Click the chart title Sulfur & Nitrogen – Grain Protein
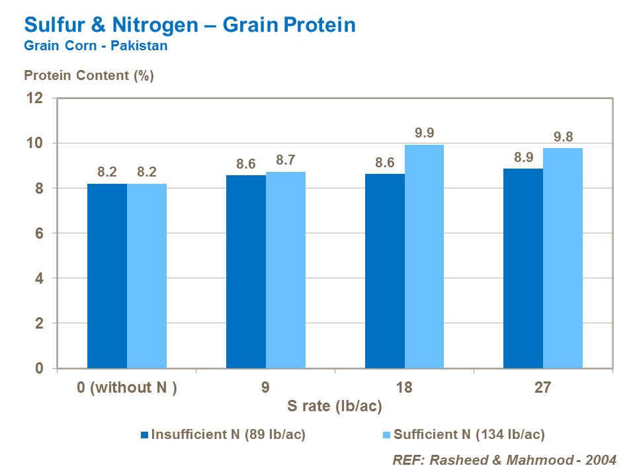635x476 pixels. (x=190, y=25)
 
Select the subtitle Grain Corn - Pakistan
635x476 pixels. (x=95, y=46)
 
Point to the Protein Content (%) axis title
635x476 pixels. (x=89, y=75)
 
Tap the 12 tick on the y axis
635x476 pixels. (x=34, y=99)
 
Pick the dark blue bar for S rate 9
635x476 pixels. (x=246, y=271)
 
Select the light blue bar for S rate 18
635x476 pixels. (x=424, y=257)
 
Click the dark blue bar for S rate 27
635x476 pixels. (x=523, y=268)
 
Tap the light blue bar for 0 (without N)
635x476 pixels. (x=147, y=276)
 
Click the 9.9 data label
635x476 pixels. (x=424, y=133)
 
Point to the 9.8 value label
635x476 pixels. (x=563, y=137)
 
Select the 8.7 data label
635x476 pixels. (x=286, y=160)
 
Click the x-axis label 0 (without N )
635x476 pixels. (x=127, y=387)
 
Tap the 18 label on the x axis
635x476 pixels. (x=404, y=387)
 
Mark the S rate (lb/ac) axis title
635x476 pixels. (x=335, y=406)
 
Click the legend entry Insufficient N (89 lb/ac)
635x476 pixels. (x=228, y=434)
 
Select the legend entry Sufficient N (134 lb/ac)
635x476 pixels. (x=469, y=434)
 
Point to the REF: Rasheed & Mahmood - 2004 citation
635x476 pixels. (x=505, y=459)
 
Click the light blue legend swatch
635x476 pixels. (x=387, y=434)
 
